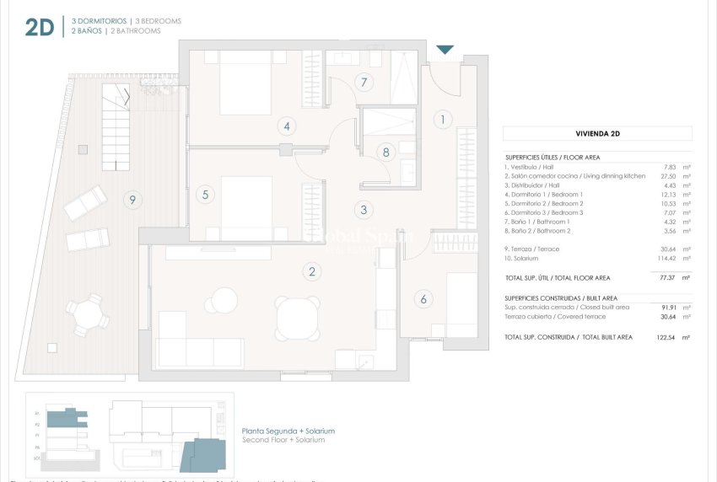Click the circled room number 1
[x=442, y=120]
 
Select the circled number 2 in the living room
[x=312, y=271]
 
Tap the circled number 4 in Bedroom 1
[x=287, y=127]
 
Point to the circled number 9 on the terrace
[x=130, y=200]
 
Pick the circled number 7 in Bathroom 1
[x=364, y=83]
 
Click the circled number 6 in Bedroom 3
[x=423, y=298]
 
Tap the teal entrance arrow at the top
[x=445, y=51]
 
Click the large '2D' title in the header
[x=40, y=27]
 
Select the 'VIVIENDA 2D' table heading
[x=597, y=133]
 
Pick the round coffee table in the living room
[x=225, y=300]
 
